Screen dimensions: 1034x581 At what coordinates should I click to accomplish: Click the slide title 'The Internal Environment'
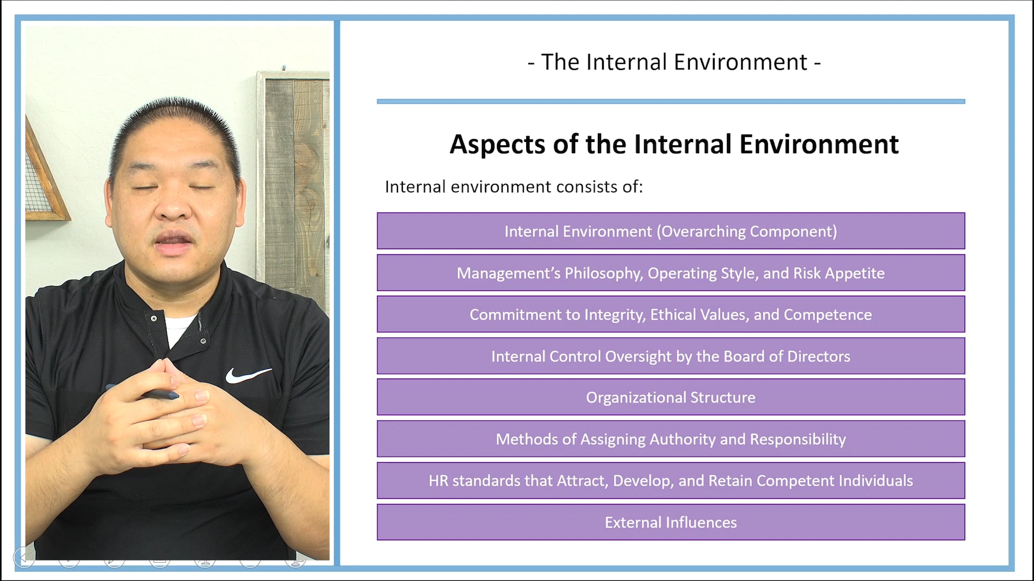click(x=674, y=62)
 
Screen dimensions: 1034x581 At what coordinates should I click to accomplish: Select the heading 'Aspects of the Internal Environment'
click(x=674, y=144)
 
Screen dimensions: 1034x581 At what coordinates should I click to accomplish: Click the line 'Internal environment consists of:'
click(x=514, y=187)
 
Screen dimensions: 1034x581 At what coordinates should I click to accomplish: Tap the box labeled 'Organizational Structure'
click(x=670, y=397)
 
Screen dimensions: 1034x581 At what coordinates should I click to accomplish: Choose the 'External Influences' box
click(x=670, y=522)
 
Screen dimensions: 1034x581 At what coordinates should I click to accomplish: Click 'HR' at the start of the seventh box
click(x=438, y=480)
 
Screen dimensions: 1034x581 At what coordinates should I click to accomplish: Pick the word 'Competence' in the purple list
click(x=828, y=315)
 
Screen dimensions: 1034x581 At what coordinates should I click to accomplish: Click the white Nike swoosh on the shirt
click(x=247, y=375)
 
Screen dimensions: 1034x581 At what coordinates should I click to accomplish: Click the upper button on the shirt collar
click(x=154, y=318)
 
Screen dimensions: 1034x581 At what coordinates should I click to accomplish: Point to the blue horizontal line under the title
click(x=671, y=101)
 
